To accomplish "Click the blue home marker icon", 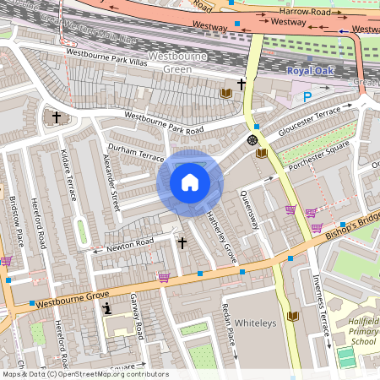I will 189,182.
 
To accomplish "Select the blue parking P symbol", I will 307,98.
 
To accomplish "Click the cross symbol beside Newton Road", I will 182,243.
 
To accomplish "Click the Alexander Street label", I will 111,182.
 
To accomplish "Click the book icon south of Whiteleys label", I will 292,316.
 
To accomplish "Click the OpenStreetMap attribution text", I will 84,374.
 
